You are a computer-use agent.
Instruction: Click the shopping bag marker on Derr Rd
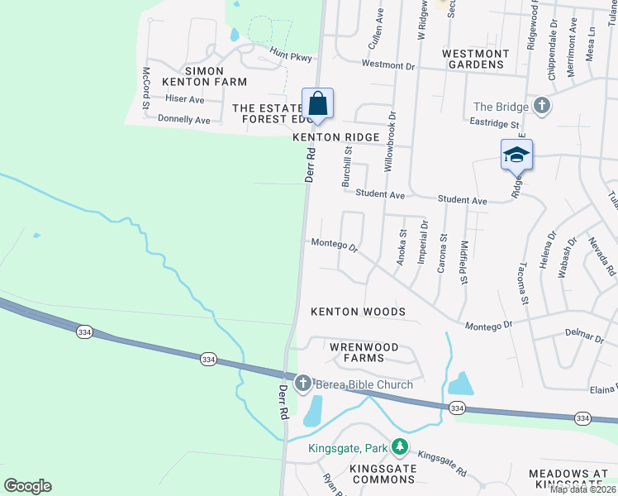point(317,105)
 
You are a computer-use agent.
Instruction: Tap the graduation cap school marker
point(516,155)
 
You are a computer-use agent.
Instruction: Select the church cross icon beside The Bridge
point(541,107)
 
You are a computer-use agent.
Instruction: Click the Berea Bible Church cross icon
point(302,384)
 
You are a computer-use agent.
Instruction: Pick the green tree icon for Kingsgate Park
point(400,447)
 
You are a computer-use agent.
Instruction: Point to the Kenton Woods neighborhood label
point(358,312)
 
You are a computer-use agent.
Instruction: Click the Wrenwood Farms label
point(364,352)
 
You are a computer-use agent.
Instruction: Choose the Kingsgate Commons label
point(383,474)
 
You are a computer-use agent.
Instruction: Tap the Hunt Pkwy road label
point(288,55)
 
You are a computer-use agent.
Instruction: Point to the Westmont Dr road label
point(386,64)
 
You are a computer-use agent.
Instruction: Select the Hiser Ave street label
point(184,99)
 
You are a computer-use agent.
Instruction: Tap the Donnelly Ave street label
point(183,120)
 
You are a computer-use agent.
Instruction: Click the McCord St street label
point(146,83)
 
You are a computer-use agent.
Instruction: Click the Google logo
point(27,486)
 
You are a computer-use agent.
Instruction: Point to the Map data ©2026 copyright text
point(583,489)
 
